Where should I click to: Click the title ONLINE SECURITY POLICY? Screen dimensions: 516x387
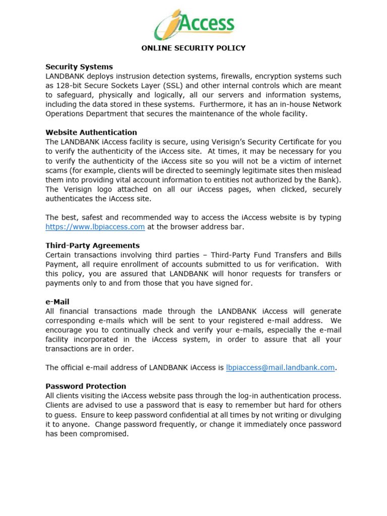pyautogui.click(x=193, y=48)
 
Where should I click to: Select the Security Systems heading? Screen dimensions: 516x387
pyautogui.click(x=79, y=67)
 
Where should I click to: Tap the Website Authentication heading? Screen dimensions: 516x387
pyautogui.click(x=91, y=133)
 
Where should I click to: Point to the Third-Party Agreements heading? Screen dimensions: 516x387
pyautogui.click(x=93, y=245)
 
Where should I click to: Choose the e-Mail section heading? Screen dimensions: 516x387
pyautogui.click(x=57, y=302)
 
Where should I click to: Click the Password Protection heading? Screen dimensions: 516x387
pyautogui.click(x=86, y=386)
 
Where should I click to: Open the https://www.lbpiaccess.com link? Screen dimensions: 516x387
pyautogui.click(x=95, y=227)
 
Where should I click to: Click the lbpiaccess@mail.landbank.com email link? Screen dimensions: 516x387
pyautogui.click(x=281, y=368)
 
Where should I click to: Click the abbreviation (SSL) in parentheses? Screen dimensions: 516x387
pyautogui.click(x=176, y=86)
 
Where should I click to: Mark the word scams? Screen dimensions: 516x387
pyautogui.click(x=57, y=170)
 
